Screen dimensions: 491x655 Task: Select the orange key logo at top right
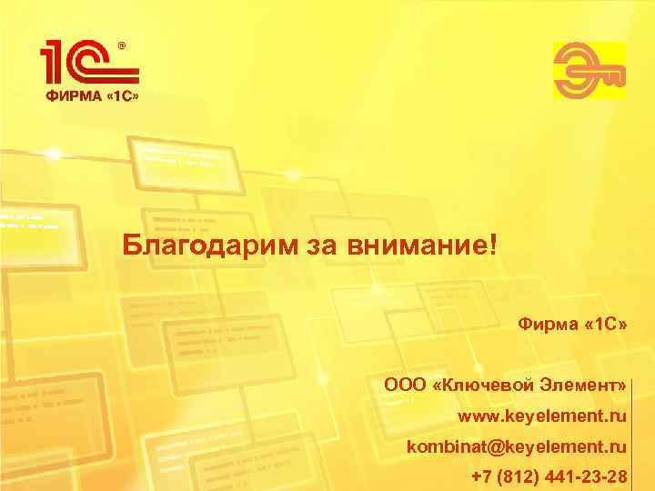click(589, 71)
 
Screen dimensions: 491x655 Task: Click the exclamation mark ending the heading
click(494, 243)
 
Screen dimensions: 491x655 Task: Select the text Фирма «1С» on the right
click(572, 324)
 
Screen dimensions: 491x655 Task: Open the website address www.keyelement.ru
click(542, 416)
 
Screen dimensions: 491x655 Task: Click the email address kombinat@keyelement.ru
click(517, 447)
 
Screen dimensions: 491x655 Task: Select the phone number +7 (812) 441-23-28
click(549, 477)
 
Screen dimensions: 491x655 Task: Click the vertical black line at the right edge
click(630, 427)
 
